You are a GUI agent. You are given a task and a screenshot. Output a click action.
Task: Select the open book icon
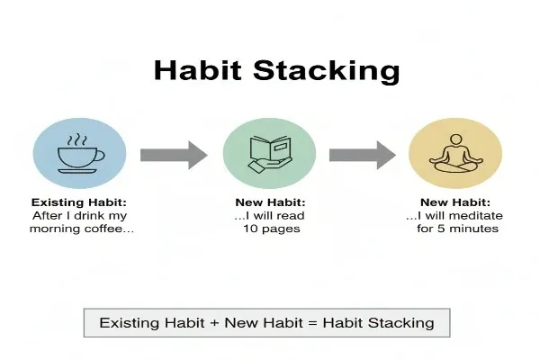[x=268, y=153]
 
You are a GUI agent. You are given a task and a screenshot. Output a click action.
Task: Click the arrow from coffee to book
[x=174, y=155]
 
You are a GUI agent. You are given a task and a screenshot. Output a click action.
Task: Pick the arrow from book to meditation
[x=362, y=155]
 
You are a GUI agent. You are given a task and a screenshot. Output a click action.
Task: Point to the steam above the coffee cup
[x=78, y=139]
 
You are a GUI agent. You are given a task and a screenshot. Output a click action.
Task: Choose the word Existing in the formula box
[x=128, y=322]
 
